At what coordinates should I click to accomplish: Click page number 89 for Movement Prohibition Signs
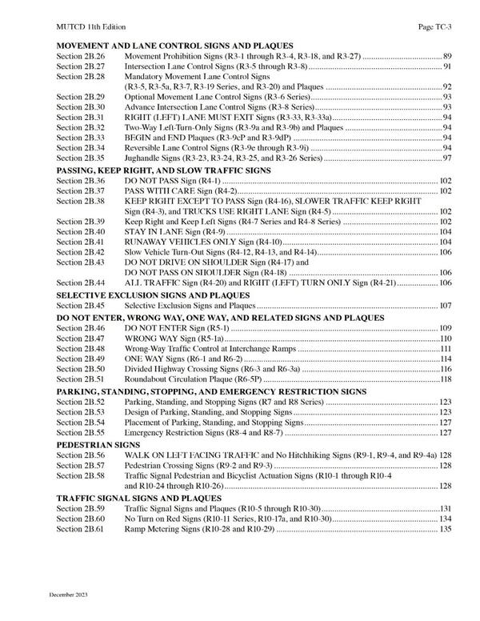(x=447, y=57)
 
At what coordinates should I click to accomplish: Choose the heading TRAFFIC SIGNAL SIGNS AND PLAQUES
(x=133, y=497)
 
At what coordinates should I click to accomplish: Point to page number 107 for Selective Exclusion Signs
(x=446, y=306)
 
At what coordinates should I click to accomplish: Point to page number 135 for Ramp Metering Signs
(x=446, y=529)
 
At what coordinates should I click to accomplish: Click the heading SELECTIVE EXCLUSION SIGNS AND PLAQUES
(x=153, y=295)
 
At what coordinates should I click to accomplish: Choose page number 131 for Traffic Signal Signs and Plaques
(x=446, y=508)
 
